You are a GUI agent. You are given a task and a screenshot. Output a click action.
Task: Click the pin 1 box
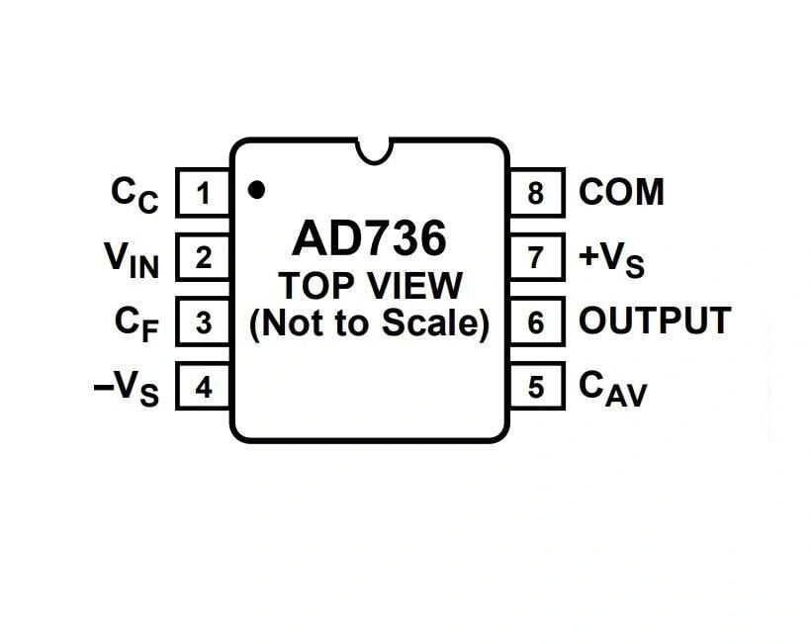click(203, 192)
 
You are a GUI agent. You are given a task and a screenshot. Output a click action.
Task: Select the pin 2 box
click(203, 257)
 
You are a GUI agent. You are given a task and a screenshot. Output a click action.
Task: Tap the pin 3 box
click(203, 322)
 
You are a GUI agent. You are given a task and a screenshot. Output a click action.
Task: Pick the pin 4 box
click(203, 387)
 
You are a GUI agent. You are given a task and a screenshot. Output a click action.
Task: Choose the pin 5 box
click(536, 387)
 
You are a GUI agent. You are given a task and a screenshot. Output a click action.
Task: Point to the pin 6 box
click(536, 322)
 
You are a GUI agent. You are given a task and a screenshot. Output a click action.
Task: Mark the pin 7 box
click(536, 257)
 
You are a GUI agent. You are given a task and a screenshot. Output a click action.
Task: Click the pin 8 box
click(536, 192)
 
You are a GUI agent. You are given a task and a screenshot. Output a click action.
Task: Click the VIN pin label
click(132, 260)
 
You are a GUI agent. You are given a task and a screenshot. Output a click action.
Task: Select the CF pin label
click(135, 324)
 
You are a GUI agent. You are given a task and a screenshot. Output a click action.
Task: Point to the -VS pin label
click(126, 389)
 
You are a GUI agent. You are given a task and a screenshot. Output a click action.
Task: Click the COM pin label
click(621, 192)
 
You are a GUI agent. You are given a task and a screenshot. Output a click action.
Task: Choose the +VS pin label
click(611, 259)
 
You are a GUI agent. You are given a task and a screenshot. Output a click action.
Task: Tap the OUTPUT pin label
click(654, 322)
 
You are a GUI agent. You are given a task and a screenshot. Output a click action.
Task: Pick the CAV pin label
click(612, 389)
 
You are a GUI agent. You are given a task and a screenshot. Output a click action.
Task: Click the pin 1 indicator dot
click(257, 189)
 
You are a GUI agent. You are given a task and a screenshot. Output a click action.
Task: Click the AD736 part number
click(369, 238)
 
